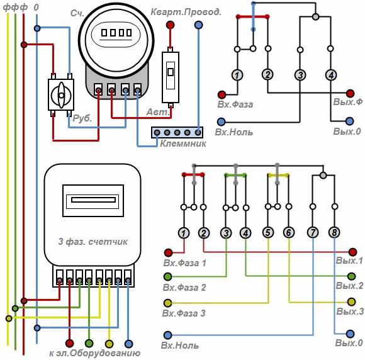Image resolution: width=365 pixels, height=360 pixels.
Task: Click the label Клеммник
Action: coord(183,143)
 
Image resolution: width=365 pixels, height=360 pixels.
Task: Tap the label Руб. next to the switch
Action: coord(82,118)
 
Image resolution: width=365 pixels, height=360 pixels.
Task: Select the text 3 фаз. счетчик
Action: coord(93,242)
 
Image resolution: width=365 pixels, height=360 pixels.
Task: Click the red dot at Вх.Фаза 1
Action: coord(168,252)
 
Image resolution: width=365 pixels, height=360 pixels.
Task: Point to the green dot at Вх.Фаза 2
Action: coord(167,277)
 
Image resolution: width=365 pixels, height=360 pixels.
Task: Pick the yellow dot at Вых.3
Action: coord(352,302)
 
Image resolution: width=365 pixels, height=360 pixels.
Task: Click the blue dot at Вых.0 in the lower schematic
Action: coord(350,334)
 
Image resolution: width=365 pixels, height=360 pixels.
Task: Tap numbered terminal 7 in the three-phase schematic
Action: coord(313,233)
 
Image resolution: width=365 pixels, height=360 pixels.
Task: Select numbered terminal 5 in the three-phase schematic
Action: coord(268,233)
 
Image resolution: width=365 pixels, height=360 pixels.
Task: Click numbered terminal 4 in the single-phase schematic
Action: coord(331,75)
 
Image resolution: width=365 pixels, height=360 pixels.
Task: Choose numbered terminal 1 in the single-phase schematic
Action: coord(237,75)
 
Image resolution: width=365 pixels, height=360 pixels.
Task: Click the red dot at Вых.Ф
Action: coord(350,93)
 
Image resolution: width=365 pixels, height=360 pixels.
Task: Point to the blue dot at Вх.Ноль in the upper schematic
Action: coord(221,121)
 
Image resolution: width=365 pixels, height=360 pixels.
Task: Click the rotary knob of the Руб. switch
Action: coord(61,95)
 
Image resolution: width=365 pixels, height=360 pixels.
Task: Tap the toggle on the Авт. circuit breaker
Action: coord(171,72)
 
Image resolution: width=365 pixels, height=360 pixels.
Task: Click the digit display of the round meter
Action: coord(116,32)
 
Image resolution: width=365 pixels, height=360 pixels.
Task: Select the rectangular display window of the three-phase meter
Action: coord(93,201)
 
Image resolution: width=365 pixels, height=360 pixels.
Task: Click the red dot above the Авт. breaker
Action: coord(170,25)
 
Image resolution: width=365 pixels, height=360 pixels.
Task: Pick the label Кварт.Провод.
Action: coord(186,12)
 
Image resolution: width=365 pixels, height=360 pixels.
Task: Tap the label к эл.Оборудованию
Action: coord(95,353)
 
